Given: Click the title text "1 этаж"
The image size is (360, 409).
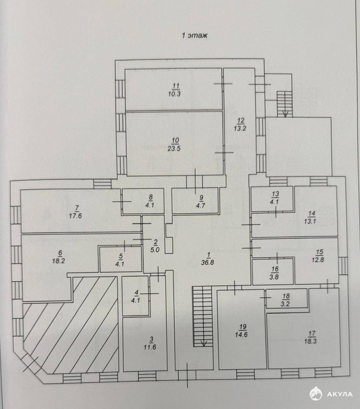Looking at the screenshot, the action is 195,36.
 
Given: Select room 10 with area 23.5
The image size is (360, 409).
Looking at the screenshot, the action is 175,145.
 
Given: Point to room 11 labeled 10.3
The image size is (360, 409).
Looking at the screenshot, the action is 174,90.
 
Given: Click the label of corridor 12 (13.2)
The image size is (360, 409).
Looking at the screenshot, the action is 240,125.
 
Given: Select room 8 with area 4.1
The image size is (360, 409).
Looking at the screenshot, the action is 150,201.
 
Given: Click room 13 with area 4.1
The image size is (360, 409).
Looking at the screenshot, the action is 275,198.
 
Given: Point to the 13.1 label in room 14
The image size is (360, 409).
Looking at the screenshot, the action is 312,221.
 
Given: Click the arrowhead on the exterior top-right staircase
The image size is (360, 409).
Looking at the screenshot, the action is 285,114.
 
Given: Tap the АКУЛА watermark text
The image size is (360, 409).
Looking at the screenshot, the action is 339,394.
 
